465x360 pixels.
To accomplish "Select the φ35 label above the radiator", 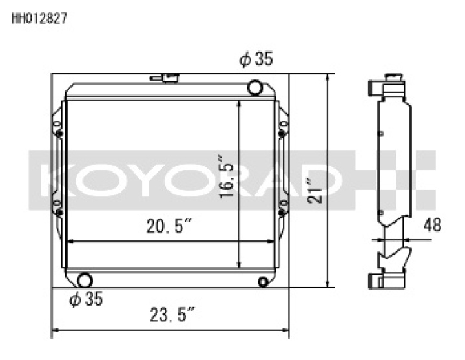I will coord(255,60).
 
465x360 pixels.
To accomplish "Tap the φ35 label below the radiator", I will coord(85,299).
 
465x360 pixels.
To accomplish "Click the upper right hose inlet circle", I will coord(255,87).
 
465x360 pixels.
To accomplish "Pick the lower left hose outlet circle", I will coord(84,281).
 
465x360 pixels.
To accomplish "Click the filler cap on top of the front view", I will coord(169,78).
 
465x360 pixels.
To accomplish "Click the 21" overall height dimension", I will coord(315,190).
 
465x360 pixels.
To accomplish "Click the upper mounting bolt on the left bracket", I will coord(59,134).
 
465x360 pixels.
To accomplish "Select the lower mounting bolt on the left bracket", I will coord(59,212).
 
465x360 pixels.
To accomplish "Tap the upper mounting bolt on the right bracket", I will coord(282,134).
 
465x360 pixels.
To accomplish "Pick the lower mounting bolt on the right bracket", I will coord(282,211).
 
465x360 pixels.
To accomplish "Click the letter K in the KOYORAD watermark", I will coord(54,182).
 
